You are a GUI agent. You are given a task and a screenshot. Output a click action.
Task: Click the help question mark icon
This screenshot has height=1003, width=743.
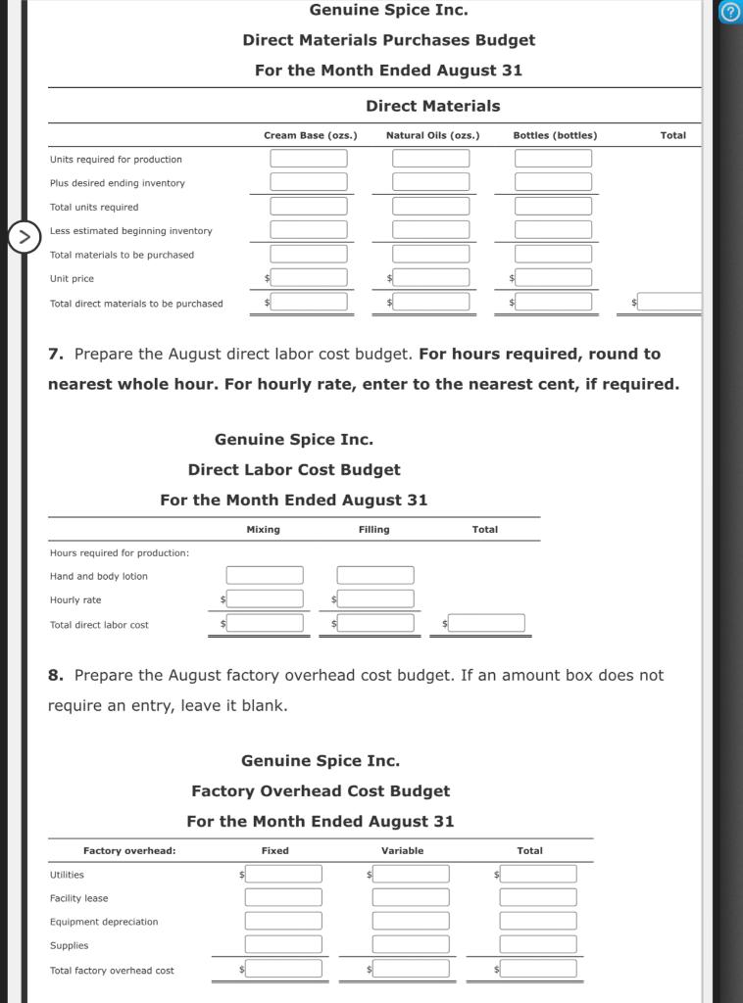tap(729, 13)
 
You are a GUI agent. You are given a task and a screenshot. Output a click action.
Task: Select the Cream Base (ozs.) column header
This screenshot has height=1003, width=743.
tap(310, 135)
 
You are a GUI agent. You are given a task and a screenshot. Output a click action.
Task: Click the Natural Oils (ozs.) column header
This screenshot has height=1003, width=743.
tap(432, 135)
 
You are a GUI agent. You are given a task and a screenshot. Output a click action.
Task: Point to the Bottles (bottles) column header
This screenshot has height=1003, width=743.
tap(555, 135)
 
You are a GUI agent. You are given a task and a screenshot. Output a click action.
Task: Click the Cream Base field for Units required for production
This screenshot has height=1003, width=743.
tap(309, 159)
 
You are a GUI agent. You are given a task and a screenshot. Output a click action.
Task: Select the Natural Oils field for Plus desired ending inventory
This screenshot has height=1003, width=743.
tap(431, 182)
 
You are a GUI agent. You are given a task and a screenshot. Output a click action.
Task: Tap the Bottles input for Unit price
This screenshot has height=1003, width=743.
tap(554, 278)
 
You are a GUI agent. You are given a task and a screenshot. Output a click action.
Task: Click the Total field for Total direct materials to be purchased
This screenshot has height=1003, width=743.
tap(669, 303)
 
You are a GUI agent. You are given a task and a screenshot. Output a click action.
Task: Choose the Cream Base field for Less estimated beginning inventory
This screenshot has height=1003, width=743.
tap(309, 230)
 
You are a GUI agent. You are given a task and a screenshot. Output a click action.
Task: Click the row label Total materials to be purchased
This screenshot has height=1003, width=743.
tap(122, 255)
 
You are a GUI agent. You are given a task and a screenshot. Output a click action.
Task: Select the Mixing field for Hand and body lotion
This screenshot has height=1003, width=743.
tap(265, 576)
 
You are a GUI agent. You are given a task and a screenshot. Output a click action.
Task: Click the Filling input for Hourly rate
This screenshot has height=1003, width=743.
tap(375, 599)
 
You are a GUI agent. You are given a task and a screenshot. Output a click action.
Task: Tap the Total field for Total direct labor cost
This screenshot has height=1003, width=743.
tap(487, 624)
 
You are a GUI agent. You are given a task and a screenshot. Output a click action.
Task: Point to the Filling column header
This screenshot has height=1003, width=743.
tap(373, 530)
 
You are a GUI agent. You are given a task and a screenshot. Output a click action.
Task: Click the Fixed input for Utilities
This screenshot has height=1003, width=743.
tap(283, 874)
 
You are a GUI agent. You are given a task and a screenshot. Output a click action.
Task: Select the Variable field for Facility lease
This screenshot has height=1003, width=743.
tap(411, 897)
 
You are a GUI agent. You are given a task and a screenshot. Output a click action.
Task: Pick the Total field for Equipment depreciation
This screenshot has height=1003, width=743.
tap(538, 922)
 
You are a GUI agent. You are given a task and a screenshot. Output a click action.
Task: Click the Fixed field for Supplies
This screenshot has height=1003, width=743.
tap(283, 945)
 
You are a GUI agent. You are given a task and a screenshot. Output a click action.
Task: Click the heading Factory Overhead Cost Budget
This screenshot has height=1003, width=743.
tap(321, 790)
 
